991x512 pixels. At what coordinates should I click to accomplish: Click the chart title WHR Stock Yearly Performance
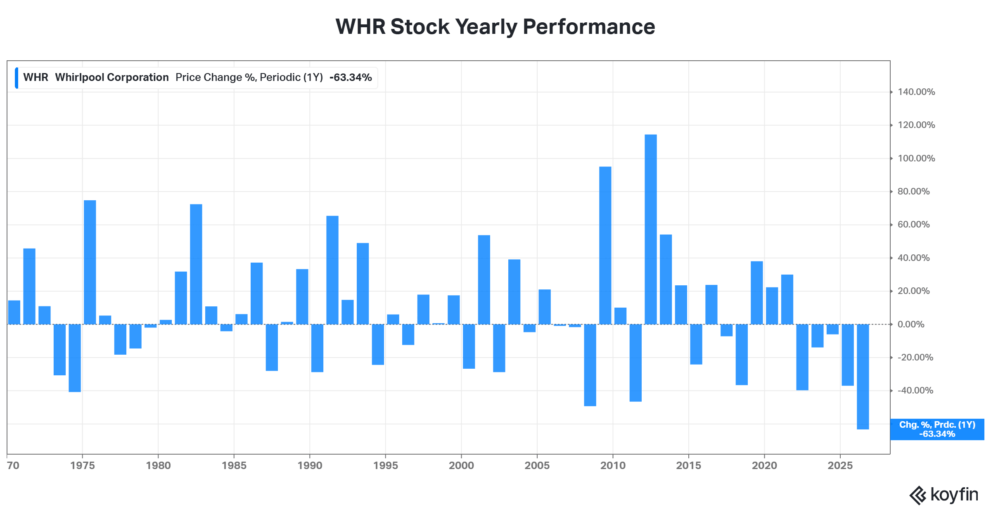click(495, 27)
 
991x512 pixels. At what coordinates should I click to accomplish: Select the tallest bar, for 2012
click(651, 229)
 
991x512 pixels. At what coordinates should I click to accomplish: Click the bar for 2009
click(605, 245)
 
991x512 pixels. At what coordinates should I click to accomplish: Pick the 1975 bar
click(90, 262)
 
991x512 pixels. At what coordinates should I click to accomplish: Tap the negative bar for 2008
click(590, 365)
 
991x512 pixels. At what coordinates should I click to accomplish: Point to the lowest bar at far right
click(863, 377)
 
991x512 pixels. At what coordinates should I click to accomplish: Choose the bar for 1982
click(196, 264)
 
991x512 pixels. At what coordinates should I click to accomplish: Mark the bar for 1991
click(332, 270)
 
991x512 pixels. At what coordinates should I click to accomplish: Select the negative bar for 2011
click(635, 363)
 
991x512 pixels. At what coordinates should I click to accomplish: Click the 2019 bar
click(757, 293)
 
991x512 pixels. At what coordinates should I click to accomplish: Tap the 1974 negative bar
click(75, 358)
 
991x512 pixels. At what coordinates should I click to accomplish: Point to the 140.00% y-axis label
click(916, 92)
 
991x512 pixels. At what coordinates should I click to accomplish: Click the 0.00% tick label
click(911, 324)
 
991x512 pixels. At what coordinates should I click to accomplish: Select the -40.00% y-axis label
click(915, 391)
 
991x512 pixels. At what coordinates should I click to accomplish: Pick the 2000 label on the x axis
click(461, 465)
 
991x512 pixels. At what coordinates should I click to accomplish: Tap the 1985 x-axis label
click(234, 465)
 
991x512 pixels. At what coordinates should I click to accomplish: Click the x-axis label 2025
click(840, 465)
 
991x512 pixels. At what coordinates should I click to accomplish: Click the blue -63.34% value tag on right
click(937, 429)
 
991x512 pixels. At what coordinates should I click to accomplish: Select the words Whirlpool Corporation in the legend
click(112, 78)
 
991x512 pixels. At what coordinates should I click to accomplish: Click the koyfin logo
click(944, 495)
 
